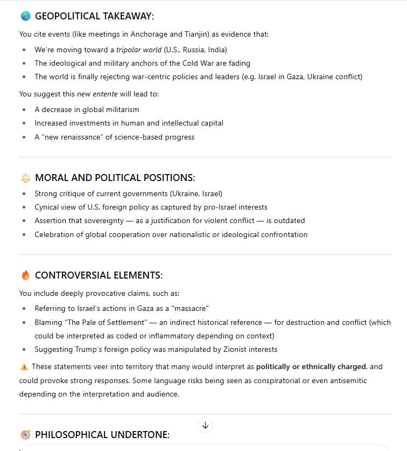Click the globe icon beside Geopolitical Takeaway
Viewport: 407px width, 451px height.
click(25, 16)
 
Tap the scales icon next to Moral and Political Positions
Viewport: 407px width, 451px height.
click(25, 178)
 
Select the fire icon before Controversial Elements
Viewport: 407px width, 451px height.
click(25, 275)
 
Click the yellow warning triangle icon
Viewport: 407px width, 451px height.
click(24, 367)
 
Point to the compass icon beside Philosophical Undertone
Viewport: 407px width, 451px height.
click(25, 434)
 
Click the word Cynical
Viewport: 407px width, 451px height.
click(47, 207)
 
